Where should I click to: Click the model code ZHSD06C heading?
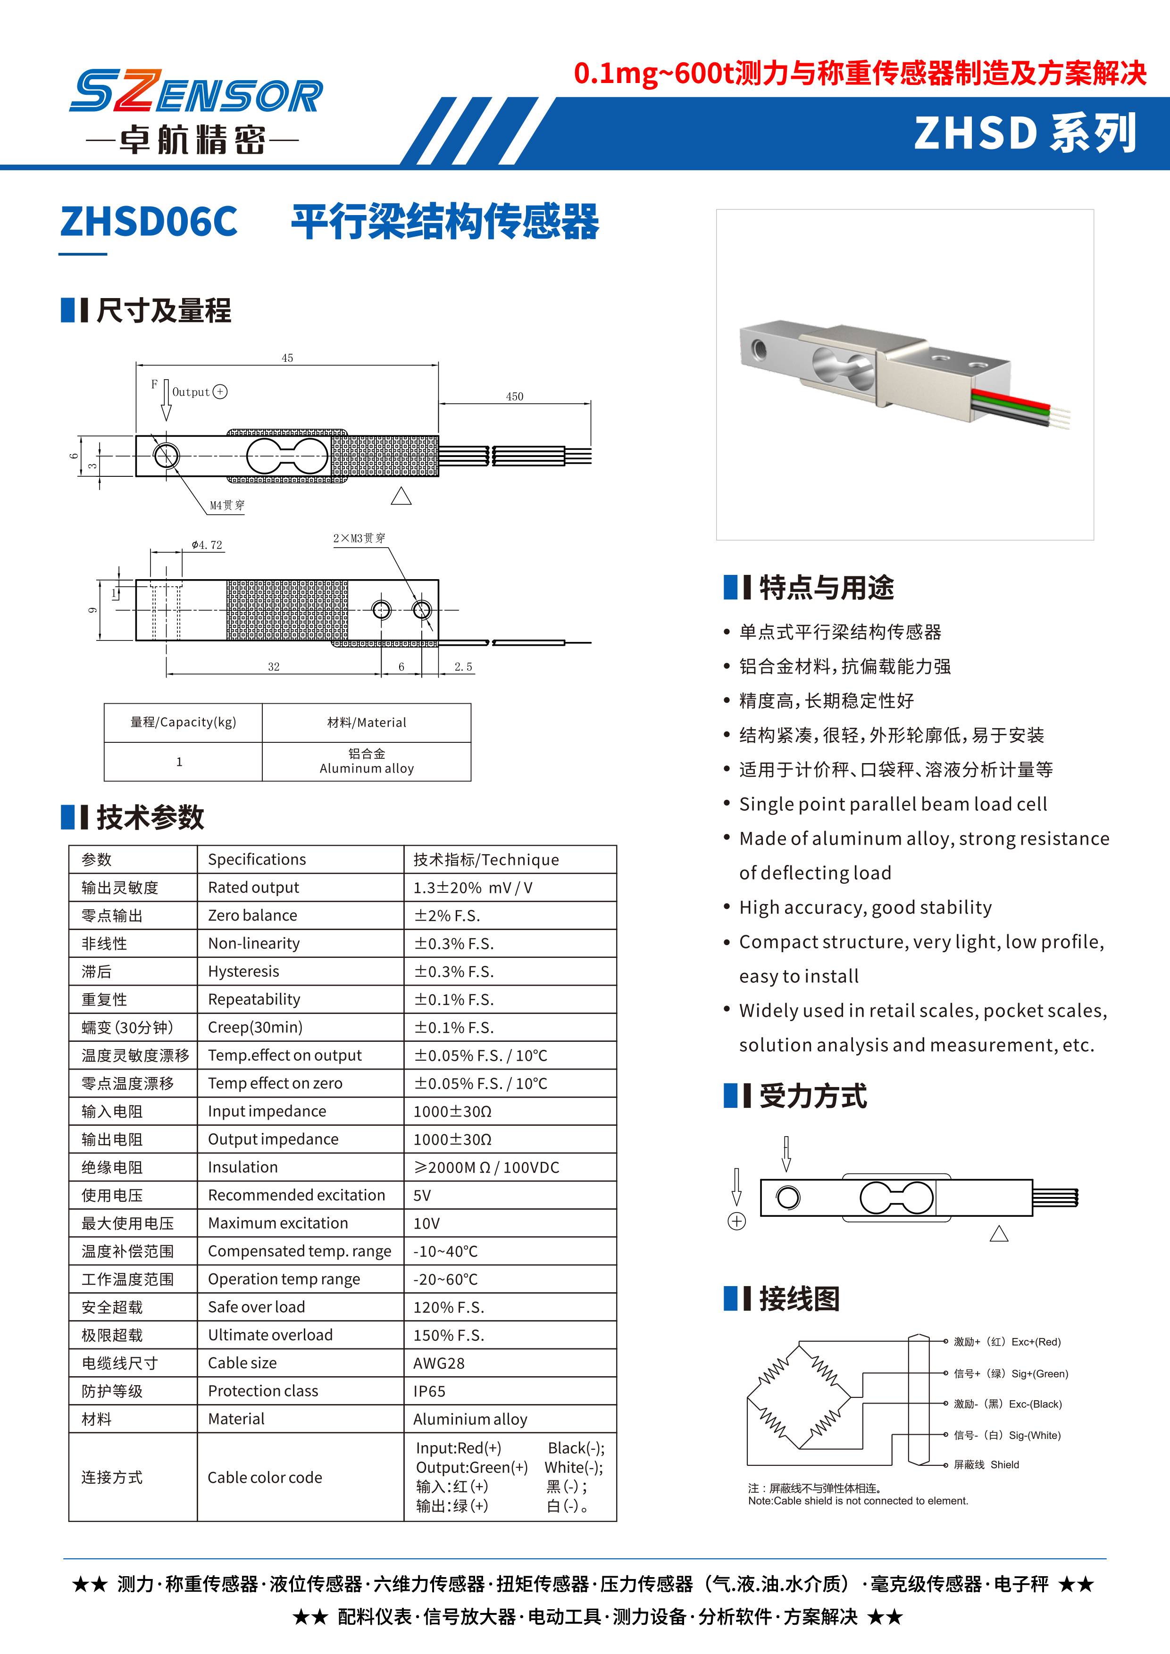click(149, 221)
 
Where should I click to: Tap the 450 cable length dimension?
click(514, 396)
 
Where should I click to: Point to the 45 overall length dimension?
click(287, 358)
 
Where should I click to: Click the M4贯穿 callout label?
click(227, 506)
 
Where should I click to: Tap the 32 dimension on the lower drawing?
click(274, 667)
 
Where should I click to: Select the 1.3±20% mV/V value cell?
click(473, 888)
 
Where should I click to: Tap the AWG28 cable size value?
click(439, 1363)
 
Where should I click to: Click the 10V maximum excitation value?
click(426, 1224)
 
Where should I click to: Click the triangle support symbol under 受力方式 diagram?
click(999, 1235)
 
